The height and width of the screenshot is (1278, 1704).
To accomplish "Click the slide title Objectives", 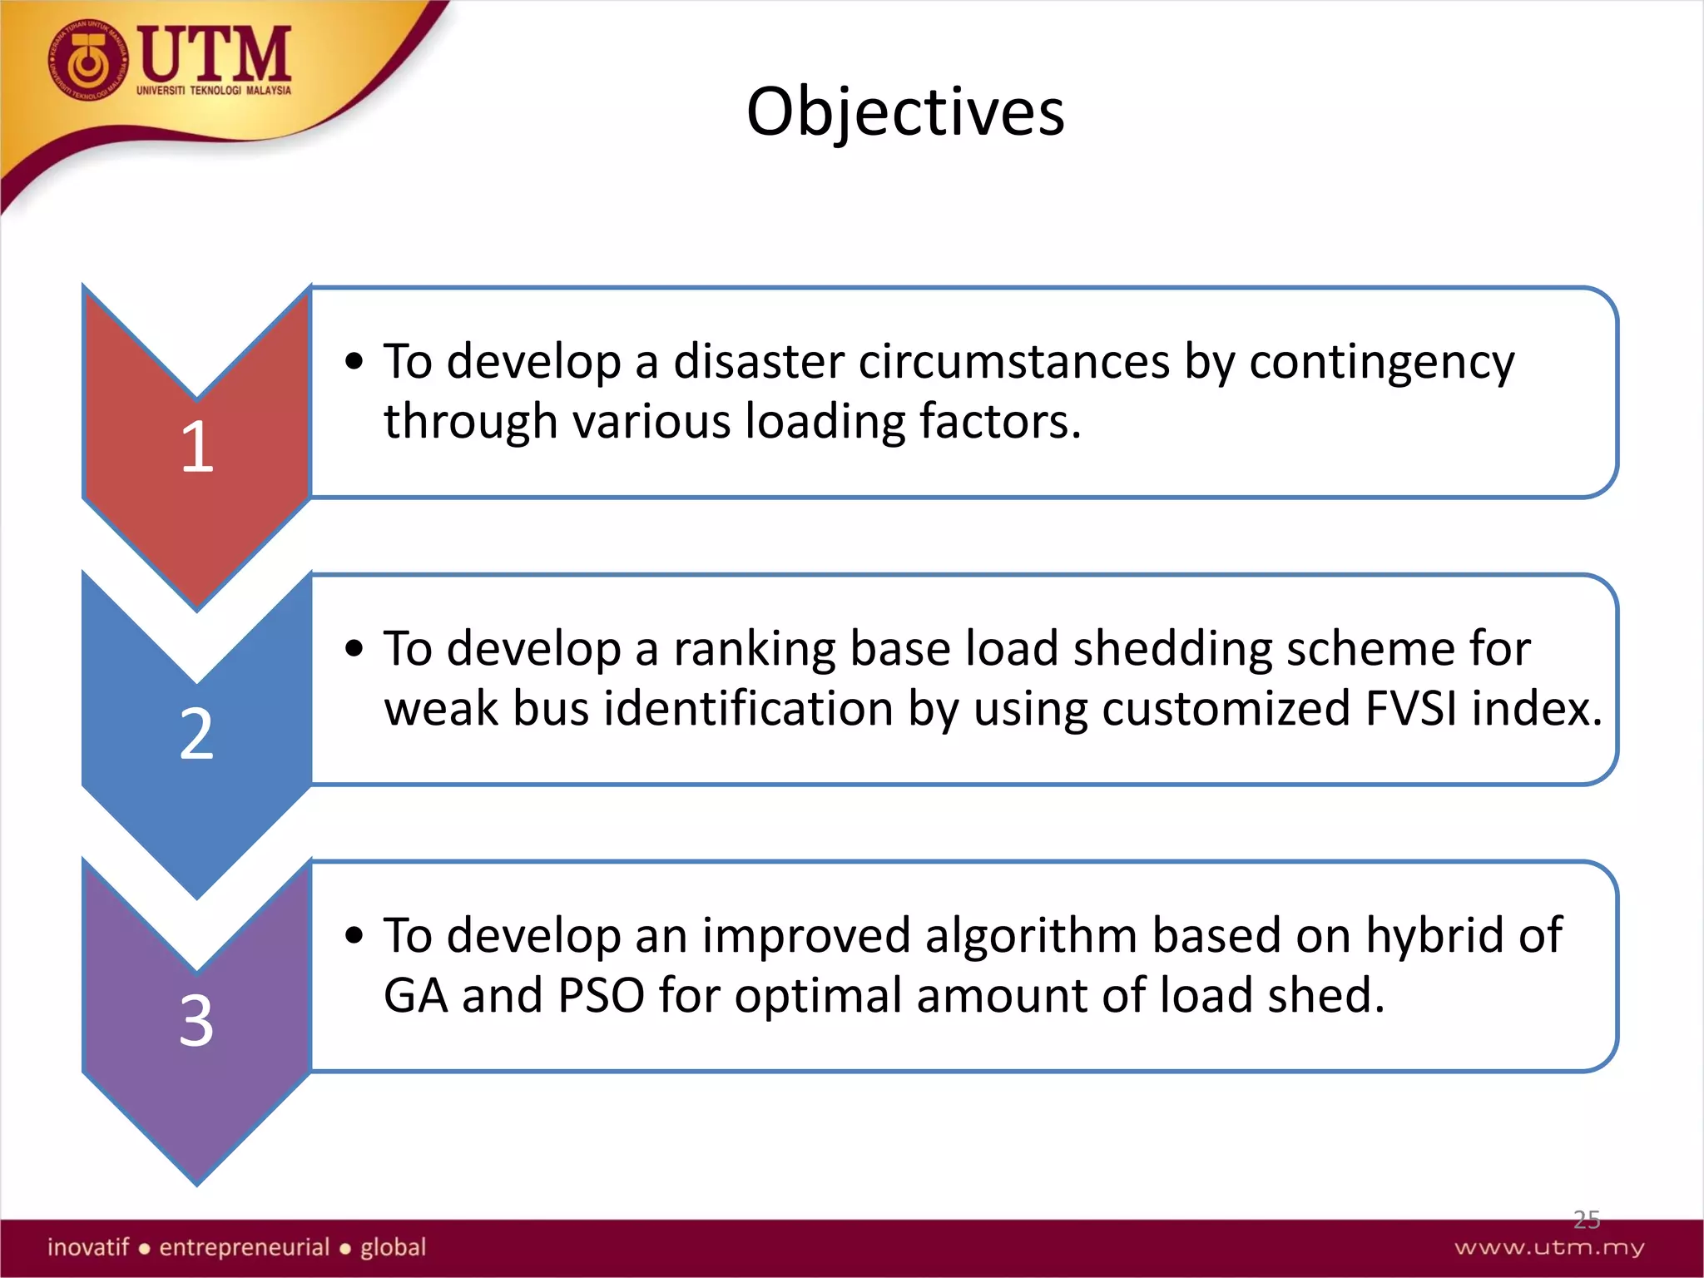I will (x=905, y=111).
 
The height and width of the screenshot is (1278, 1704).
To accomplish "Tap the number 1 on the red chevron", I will (x=197, y=447).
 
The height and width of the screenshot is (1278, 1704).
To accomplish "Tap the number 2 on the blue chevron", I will (x=197, y=734).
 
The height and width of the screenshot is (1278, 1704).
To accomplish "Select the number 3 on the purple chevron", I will (x=197, y=1021).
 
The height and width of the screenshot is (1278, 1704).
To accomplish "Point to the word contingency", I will (x=1381, y=364).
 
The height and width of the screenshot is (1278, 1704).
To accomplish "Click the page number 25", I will (x=1586, y=1220).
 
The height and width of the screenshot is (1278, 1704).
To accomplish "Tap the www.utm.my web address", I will (x=1549, y=1247).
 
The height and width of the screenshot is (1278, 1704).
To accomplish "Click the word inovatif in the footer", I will (x=88, y=1247).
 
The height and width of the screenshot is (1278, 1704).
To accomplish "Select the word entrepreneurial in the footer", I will (x=245, y=1247).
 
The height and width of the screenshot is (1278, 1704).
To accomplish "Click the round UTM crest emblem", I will (x=88, y=62).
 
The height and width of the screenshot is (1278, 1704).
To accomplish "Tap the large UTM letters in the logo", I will (x=215, y=53).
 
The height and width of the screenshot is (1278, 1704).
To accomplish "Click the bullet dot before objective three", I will (x=354, y=935).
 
